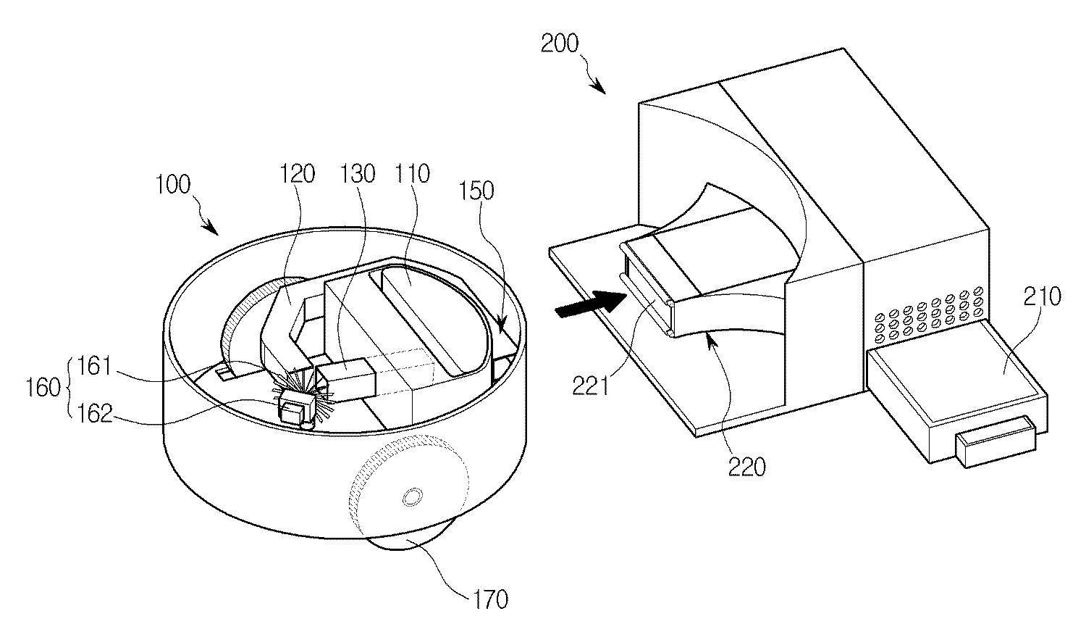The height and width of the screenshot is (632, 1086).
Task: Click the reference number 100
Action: coord(172,185)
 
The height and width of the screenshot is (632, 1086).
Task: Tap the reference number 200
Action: coord(560,43)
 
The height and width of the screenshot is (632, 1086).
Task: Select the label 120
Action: coord(297,174)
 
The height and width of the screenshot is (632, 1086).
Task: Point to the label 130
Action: coord(358,174)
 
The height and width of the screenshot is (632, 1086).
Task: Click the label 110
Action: coord(412,174)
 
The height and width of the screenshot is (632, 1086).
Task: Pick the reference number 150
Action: coord(476,191)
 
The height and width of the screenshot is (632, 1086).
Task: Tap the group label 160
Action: coord(43,388)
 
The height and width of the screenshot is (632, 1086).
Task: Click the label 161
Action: coord(95,366)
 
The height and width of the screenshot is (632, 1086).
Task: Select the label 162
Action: coord(95,414)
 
